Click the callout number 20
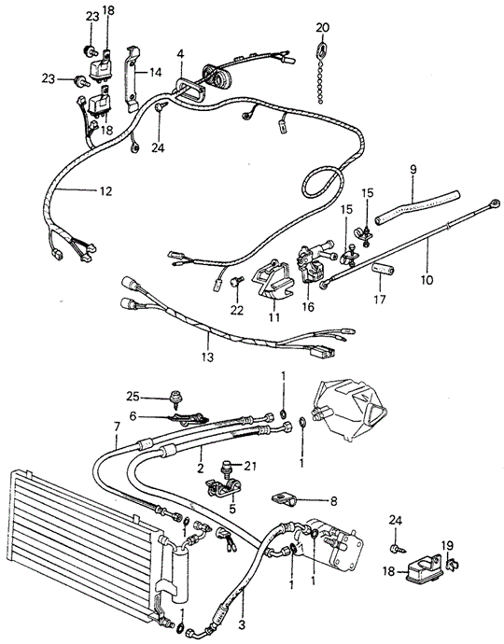click(322, 27)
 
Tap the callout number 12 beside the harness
click(105, 191)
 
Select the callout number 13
click(208, 357)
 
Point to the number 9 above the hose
click(413, 169)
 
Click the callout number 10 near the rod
click(427, 280)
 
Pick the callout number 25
click(133, 398)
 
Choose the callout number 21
click(250, 466)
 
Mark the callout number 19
click(447, 545)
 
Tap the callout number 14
click(155, 73)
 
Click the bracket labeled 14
click(133, 78)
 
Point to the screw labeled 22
click(237, 282)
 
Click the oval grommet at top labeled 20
click(321, 49)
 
